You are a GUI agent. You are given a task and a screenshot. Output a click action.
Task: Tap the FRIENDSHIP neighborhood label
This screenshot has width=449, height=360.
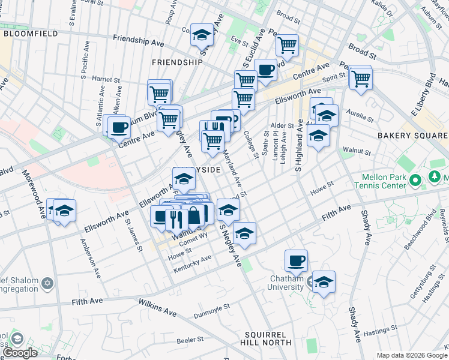tap(177, 62)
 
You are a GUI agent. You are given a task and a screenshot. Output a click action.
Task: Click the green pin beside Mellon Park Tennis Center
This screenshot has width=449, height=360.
tap(414, 179)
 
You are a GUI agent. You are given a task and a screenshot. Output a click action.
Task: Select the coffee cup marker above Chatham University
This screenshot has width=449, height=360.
tap(296, 261)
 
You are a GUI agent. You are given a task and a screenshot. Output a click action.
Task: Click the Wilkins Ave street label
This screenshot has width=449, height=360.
tap(157, 308)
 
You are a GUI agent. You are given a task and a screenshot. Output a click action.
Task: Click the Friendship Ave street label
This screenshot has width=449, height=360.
tap(139, 40)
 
